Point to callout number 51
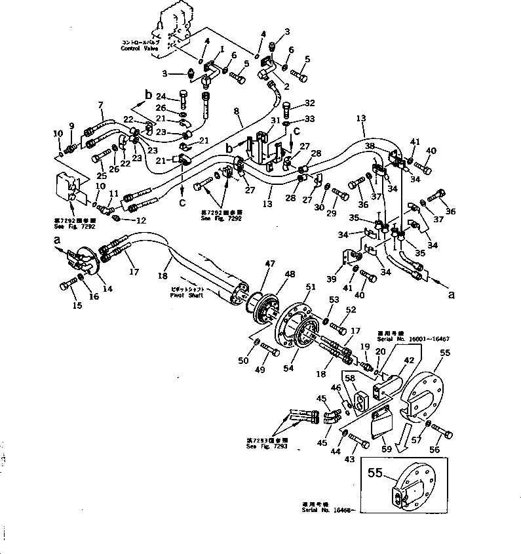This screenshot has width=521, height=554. (x=311, y=287)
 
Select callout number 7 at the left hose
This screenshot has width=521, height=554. (x=100, y=105)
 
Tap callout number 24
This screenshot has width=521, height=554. (x=161, y=97)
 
